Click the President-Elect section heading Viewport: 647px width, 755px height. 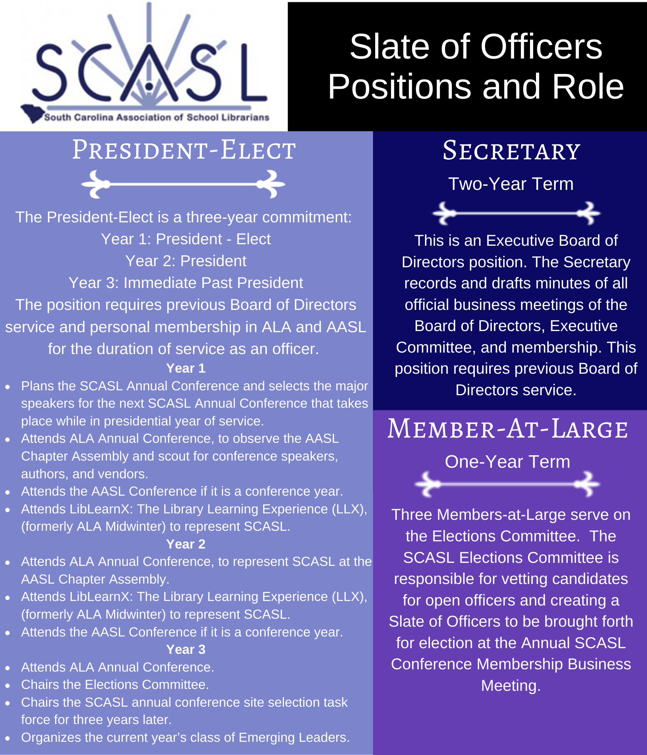pos(184,150)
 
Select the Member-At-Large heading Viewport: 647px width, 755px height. pos(508,430)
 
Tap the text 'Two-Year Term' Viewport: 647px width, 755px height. pos(511,184)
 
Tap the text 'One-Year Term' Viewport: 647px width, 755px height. pos(507,462)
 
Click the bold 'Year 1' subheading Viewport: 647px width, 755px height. pos(186,368)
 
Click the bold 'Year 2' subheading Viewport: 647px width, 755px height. pos(186,544)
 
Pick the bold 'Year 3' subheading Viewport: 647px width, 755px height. pos(186,649)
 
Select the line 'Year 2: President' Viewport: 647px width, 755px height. pos(186,261)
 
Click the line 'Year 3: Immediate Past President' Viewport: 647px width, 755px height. pos(186,283)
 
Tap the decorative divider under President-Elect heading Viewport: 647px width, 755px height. pos(183,184)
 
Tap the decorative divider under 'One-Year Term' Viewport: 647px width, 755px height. pos(507,484)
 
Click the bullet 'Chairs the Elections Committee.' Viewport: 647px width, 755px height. pos(115,684)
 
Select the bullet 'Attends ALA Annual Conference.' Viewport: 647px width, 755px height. pos(117,667)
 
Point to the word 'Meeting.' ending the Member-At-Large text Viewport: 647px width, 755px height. pos(511,686)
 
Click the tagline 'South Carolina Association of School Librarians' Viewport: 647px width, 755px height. pos(157,117)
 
